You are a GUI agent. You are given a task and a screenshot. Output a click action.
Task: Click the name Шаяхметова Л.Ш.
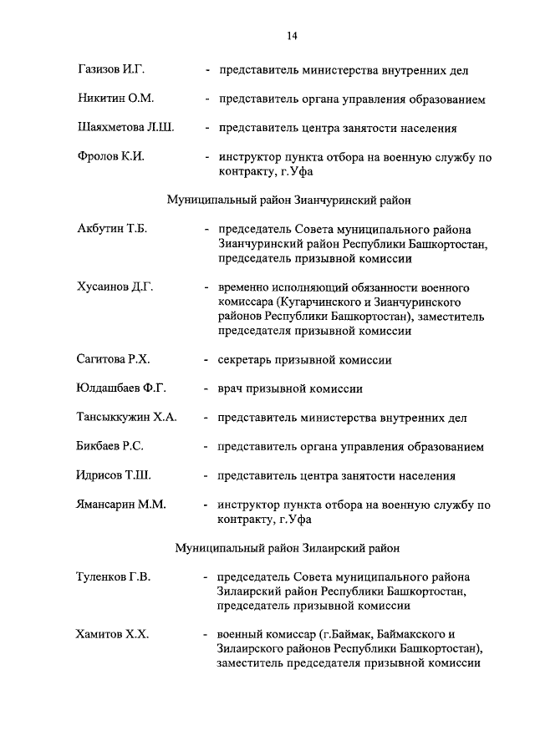tap(125, 129)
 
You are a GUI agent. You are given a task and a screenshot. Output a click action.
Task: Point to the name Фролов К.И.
tap(107, 157)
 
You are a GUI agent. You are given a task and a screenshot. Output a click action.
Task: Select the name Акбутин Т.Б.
tap(111, 230)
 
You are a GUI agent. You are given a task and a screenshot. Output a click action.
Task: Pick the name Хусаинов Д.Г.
tap(115, 287)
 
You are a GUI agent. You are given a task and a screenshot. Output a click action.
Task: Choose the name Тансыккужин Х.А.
tap(126, 418)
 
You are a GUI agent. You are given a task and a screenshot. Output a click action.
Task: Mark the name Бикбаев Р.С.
tap(110, 447)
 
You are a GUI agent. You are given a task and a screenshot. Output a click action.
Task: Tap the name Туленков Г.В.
tap(114, 577)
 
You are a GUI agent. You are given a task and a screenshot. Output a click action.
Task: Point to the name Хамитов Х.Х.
tap(112, 635)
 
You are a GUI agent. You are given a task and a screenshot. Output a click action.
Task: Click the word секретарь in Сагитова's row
tap(244, 360)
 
